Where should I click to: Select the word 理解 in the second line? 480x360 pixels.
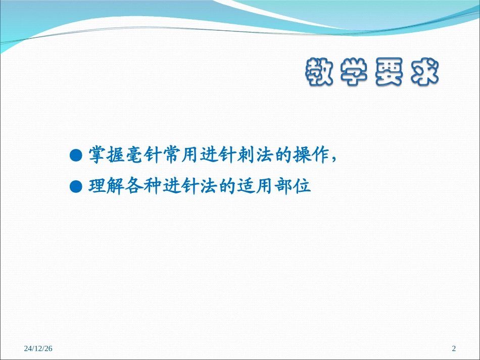tap(106, 187)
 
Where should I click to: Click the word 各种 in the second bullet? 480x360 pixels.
tap(143, 187)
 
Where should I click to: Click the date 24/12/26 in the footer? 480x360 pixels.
tap(38, 348)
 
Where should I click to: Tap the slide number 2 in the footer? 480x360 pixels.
tap(453, 348)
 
